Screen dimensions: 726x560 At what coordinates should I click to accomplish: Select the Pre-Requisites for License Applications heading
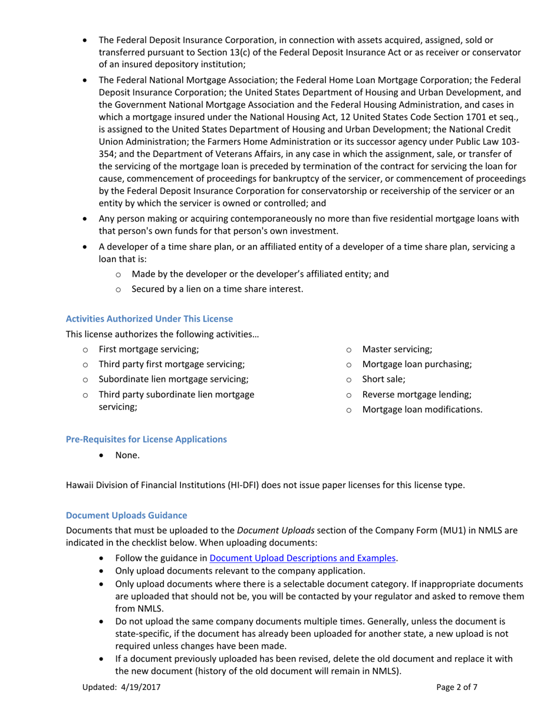[146, 439]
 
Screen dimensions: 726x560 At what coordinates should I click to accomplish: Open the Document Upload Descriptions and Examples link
[302, 558]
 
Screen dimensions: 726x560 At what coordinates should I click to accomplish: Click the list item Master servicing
[397, 349]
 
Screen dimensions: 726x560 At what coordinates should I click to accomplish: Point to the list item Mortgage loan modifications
[421, 409]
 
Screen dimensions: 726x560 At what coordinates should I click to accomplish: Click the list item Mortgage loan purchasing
[417, 364]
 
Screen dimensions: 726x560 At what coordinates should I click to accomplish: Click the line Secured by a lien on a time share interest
[217, 289]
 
